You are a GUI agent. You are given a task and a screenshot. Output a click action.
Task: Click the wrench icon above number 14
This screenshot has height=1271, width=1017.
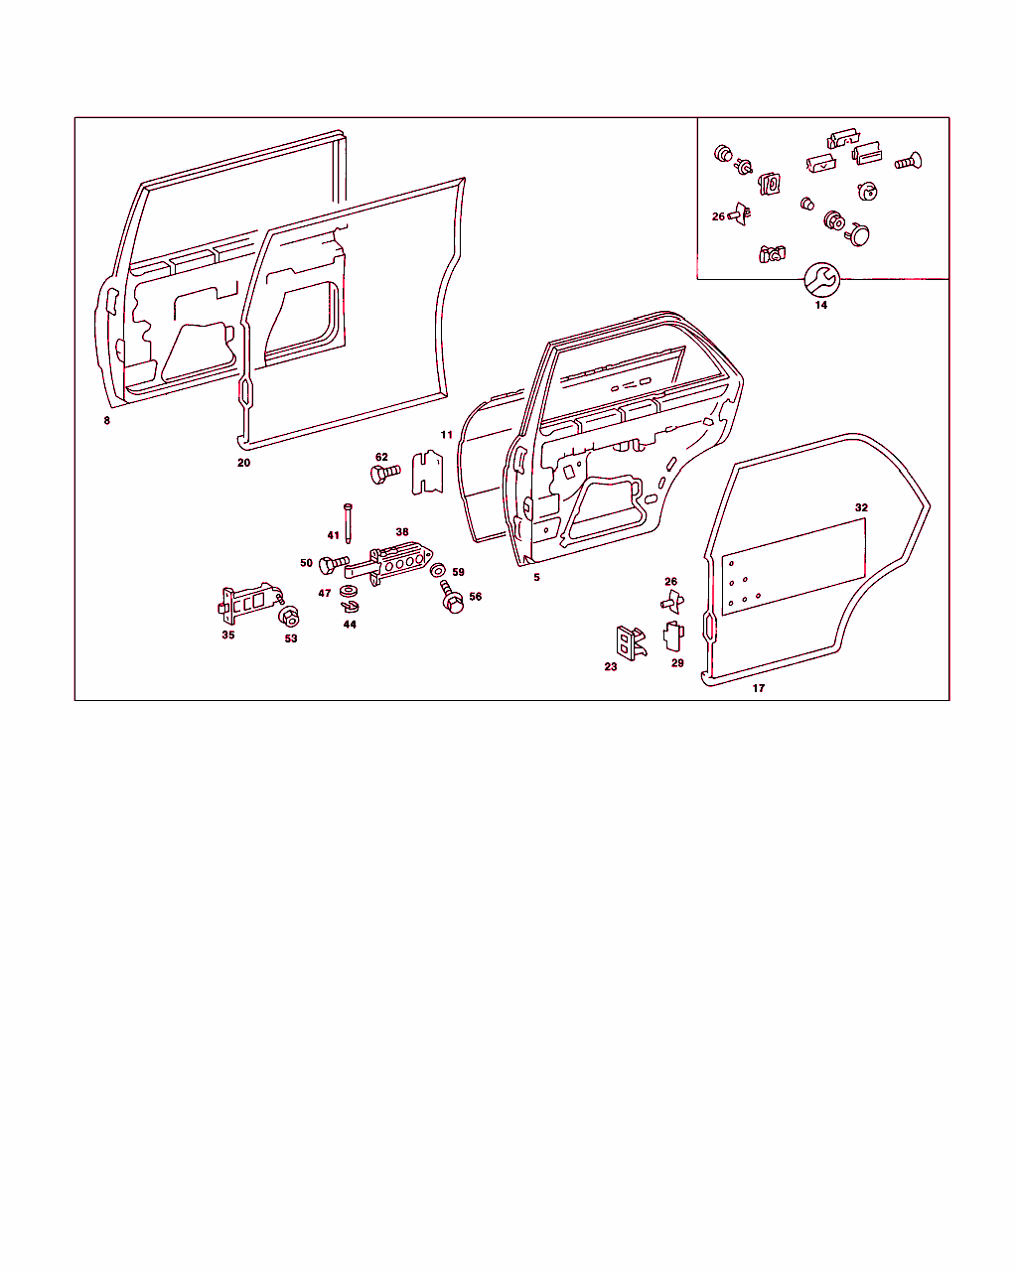click(x=821, y=279)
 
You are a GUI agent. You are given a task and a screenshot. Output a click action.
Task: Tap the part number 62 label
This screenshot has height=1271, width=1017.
click(x=381, y=457)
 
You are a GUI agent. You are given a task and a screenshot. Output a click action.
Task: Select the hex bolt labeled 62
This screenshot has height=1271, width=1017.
click(x=385, y=474)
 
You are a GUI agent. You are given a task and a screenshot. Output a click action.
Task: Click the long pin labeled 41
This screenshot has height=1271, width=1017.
click(x=348, y=523)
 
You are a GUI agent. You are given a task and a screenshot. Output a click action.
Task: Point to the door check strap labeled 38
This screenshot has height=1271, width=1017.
click(x=389, y=563)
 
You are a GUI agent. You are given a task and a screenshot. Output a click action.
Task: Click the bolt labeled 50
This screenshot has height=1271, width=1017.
click(x=334, y=564)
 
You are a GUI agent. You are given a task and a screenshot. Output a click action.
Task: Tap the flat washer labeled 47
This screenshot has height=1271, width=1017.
click(x=349, y=591)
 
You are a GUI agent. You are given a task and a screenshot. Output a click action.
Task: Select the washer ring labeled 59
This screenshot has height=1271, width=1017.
click(x=438, y=571)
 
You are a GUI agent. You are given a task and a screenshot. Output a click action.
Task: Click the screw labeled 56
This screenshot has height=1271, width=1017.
click(x=452, y=597)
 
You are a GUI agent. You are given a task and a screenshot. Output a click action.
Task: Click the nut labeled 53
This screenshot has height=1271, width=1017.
click(x=289, y=617)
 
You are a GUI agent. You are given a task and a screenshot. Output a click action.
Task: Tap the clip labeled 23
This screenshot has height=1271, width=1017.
click(x=631, y=642)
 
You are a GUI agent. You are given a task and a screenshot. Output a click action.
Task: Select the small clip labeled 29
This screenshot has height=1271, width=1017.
click(x=673, y=635)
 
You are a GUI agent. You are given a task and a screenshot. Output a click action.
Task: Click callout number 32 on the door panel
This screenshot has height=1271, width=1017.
click(x=861, y=507)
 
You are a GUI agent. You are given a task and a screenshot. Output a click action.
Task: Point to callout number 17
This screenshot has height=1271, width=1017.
click(x=758, y=688)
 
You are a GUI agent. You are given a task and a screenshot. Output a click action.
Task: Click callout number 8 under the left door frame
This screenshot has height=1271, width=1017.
click(x=107, y=420)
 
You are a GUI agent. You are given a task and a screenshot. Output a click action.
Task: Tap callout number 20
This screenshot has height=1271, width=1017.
click(x=243, y=463)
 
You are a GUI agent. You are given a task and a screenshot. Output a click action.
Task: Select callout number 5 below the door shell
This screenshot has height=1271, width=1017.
click(x=536, y=577)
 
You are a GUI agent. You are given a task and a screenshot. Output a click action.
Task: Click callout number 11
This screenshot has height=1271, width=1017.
click(x=446, y=435)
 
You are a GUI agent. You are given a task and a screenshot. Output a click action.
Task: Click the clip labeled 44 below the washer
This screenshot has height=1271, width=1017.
click(x=350, y=606)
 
